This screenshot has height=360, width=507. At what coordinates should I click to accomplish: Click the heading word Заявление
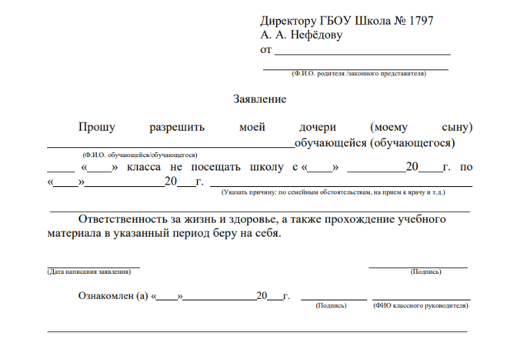[x=259, y=99]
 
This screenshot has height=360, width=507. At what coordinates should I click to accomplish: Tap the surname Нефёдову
[x=313, y=35]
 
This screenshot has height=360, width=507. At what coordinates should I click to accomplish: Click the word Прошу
[x=96, y=127]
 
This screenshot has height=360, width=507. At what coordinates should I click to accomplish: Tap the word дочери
[x=318, y=127]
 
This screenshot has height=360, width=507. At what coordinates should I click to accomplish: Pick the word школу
[x=267, y=167]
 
